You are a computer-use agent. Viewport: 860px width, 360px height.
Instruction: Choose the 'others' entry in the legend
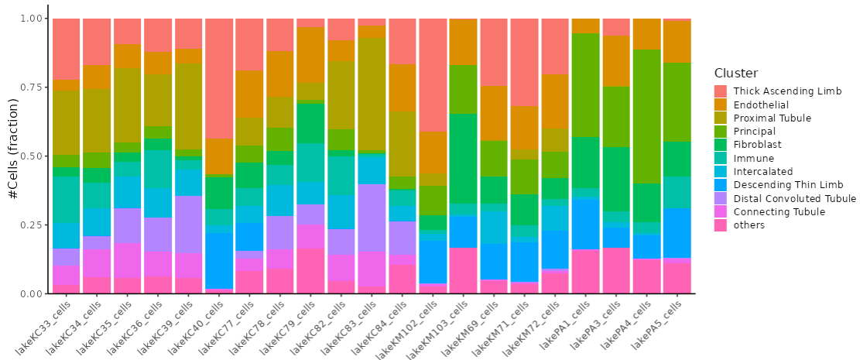click(749, 225)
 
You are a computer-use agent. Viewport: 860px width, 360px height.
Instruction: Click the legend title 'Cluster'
click(735, 73)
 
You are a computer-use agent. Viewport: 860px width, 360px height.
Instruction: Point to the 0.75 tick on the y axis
click(30, 87)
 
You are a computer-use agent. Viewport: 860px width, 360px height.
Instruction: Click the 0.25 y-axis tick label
click(30, 225)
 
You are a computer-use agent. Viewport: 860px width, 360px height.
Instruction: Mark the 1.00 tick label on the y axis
click(30, 19)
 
